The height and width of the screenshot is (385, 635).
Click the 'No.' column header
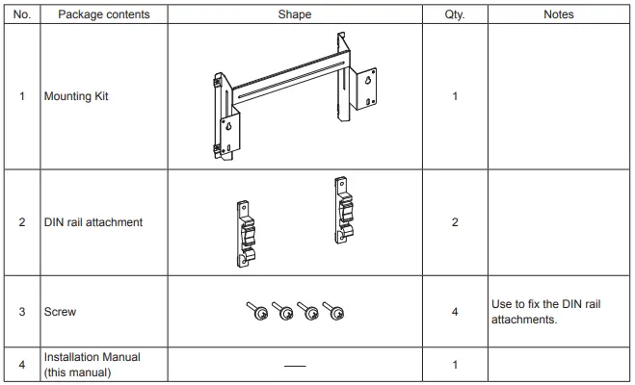click(22, 14)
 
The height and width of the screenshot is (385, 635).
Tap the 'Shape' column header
click(295, 14)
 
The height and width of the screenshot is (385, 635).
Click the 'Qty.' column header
click(454, 14)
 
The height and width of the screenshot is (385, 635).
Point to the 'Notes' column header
click(559, 14)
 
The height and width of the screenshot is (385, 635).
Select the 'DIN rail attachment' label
click(93, 222)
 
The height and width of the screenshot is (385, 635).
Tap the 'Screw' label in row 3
click(60, 313)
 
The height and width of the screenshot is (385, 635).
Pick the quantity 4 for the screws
click(454, 313)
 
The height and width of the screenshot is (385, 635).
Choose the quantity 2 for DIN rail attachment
click(454, 222)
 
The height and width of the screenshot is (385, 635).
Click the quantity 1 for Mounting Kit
click(454, 97)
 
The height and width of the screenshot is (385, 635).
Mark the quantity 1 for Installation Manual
click(454, 364)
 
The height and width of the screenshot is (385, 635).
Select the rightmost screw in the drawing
click(335, 310)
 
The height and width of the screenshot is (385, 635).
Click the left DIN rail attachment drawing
click(246, 232)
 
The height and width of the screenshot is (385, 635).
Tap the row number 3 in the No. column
click(22, 313)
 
